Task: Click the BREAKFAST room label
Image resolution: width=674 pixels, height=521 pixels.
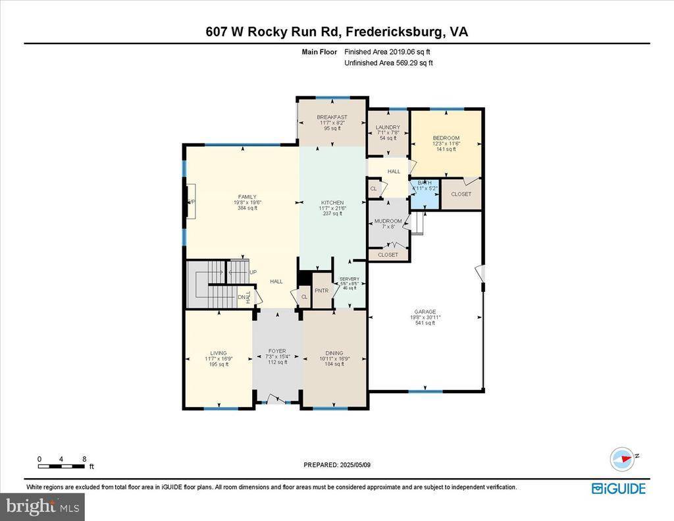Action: (x=332, y=117)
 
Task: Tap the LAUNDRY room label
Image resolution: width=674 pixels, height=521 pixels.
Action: (x=388, y=127)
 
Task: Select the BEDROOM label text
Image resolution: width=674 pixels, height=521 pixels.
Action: (x=446, y=138)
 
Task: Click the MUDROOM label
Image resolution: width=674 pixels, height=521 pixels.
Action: (x=388, y=221)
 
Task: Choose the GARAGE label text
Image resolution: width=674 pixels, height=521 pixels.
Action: (x=425, y=312)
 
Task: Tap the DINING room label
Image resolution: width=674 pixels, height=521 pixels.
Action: (x=334, y=353)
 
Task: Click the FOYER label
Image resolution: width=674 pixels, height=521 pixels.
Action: (x=277, y=351)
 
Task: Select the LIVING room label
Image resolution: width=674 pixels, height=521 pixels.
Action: (x=218, y=353)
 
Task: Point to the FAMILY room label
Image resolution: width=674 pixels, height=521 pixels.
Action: (x=247, y=197)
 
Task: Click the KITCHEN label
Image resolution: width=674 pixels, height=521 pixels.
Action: (x=332, y=203)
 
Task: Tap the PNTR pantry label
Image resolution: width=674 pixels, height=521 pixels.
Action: (x=321, y=290)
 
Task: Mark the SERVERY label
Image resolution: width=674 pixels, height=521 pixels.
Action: (x=349, y=279)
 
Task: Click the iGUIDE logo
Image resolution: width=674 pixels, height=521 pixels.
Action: (x=618, y=488)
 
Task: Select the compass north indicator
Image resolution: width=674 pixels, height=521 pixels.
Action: (x=621, y=458)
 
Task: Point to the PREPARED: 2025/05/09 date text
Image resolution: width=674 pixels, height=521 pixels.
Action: (x=337, y=464)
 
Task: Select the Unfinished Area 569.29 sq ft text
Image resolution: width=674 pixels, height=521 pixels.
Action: (x=388, y=63)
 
